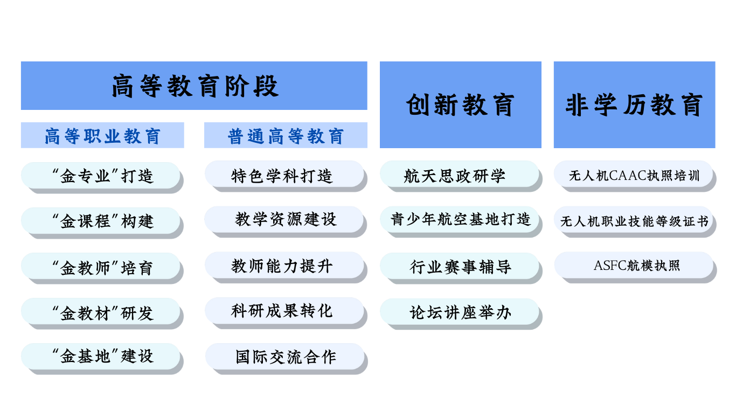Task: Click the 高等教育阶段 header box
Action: click(194, 86)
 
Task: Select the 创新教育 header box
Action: click(460, 105)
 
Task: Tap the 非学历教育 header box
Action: click(634, 105)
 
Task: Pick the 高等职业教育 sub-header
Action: click(102, 135)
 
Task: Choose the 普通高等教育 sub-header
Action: click(286, 135)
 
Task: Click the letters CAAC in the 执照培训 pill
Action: click(628, 176)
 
